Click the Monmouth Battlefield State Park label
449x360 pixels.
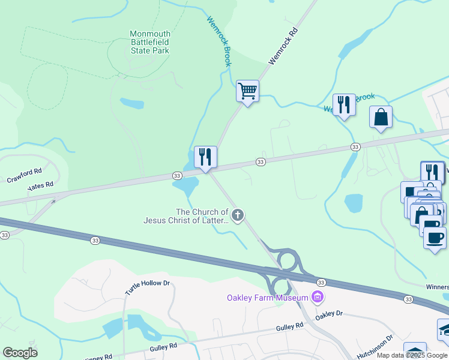[x=150, y=42]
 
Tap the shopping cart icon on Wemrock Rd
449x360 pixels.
[x=247, y=91]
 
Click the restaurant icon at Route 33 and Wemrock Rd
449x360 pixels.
[x=205, y=157]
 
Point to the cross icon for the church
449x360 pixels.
[x=238, y=215]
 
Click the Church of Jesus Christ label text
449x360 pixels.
[x=186, y=216]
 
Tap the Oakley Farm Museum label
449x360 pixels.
[x=267, y=298]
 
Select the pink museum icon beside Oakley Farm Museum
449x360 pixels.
[x=318, y=296]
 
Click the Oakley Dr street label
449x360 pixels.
[x=328, y=313]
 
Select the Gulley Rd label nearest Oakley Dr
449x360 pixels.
[x=291, y=328]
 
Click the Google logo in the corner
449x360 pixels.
[x=20, y=353]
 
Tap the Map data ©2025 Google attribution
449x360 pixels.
[x=412, y=355]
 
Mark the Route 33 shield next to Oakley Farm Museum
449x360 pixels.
[x=321, y=282]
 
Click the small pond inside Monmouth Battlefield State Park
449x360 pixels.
[x=132, y=103]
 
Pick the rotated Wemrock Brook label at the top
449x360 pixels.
[x=219, y=41]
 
